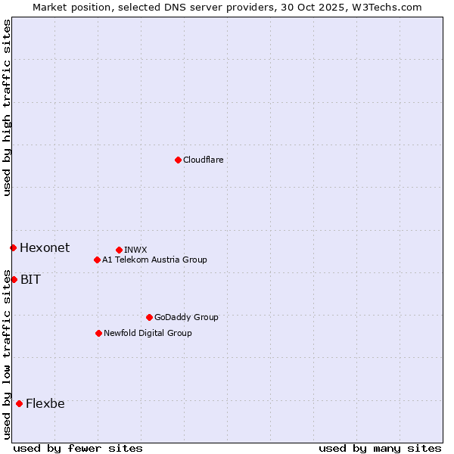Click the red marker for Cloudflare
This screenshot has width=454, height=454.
click(x=178, y=160)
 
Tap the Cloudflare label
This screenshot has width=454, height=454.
click(x=203, y=160)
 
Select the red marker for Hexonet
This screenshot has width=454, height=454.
click(x=13, y=247)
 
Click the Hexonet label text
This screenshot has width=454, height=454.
click(x=45, y=248)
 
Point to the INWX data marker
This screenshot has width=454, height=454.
click(x=119, y=250)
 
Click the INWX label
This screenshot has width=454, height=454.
click(x=135, y=250)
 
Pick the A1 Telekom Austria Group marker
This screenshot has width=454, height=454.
click(x=97, y=260)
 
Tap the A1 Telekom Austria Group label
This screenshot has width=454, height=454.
click(x=154, y=260)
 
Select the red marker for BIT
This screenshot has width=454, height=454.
click(x=14, y=279)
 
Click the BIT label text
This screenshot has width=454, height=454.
click(x=30, y=280)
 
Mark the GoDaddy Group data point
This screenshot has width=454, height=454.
click(x=149, y=317)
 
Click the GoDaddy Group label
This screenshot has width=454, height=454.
click(x=186, y=318)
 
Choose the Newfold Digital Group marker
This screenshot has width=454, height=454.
click(x=98, y=333)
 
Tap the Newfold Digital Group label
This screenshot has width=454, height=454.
click(x=148, y=334)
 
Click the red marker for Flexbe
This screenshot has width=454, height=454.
click(x=19, y=403)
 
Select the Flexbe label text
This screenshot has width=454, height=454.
click(x=45, y=404)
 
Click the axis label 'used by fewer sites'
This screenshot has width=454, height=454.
click(x=78, y=449)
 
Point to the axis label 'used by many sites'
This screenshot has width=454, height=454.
click(x=380, y=449)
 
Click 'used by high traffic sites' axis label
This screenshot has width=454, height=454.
click(x=7, y=107)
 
